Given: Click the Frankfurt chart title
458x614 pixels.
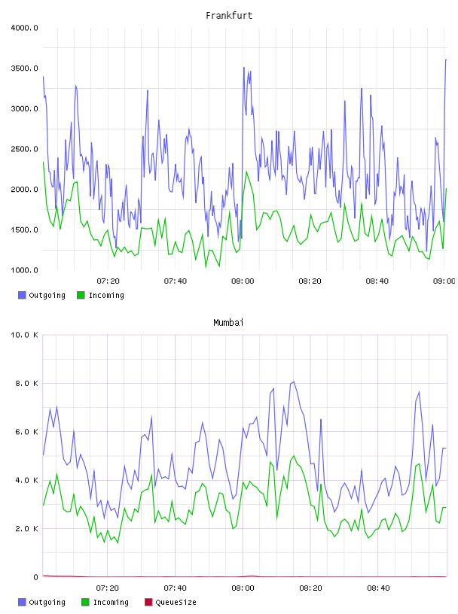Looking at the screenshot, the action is pos(229,16).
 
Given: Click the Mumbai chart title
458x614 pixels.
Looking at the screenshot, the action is pos(228,323).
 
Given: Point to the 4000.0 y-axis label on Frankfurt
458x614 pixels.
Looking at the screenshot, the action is pos(24,28).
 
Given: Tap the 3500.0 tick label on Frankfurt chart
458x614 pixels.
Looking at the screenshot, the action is pos(24,68).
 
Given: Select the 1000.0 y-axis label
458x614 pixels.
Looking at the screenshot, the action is pos(24,270).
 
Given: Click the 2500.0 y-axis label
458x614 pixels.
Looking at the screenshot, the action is pos(24,149).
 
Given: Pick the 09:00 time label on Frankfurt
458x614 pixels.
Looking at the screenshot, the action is pos(444,281).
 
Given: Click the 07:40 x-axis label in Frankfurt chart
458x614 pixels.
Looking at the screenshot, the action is pos(176,281).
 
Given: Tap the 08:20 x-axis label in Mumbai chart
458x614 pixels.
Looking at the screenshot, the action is pos(310,588).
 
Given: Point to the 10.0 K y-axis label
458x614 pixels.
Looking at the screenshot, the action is pos(24,335).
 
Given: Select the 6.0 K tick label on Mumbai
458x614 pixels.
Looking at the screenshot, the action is pos(26,432).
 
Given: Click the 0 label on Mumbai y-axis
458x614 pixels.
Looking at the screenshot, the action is pos(35,577).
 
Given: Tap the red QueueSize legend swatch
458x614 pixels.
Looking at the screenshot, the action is pos(148,602).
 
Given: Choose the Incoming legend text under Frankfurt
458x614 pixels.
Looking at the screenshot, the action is pos(106,295).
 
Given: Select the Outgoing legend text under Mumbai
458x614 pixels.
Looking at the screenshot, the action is pos(47,602).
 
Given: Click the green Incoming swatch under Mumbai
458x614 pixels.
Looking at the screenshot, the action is pos(85,602).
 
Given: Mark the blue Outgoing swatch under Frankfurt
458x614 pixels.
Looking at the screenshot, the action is pos(22,295).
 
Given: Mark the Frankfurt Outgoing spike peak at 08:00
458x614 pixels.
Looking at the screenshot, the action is pos(244,68).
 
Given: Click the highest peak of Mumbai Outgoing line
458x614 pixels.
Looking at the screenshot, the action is pos(294,381).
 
